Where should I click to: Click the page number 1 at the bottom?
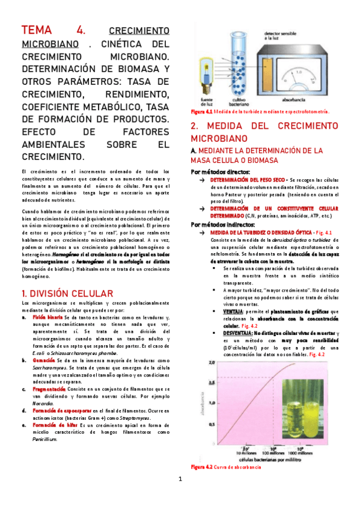point(180,479)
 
